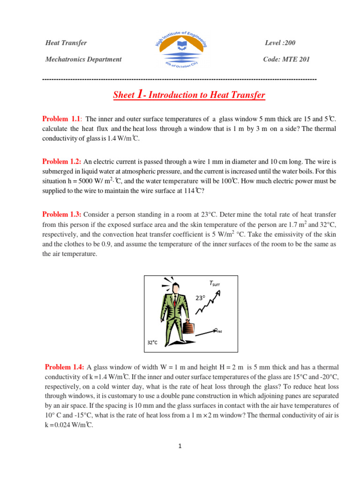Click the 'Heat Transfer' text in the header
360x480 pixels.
click(66, 43)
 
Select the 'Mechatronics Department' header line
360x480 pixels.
click(83, 60)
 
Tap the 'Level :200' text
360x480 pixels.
click(280, 43)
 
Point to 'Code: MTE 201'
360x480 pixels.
click(286, 60)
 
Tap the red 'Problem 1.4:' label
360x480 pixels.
click(65, 367)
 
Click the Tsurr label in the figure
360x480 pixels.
click(214, 284)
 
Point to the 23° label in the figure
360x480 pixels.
click(201, 298)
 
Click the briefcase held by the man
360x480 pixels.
click(188, 327)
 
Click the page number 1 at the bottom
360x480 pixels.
click(180, 446)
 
